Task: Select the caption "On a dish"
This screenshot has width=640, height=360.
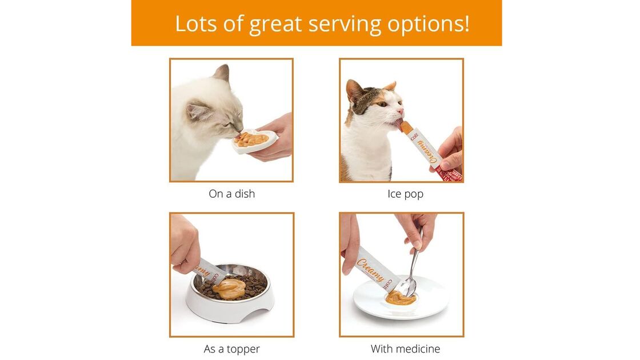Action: [231, 194]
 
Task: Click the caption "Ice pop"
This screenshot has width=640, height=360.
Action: [405, 194]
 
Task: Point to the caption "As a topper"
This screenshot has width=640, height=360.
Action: [231, 349]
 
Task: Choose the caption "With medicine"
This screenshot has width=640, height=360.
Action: [405, 349]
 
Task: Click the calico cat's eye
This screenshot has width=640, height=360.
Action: [381, 104]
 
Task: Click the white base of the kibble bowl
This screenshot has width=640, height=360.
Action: [229, 311]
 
